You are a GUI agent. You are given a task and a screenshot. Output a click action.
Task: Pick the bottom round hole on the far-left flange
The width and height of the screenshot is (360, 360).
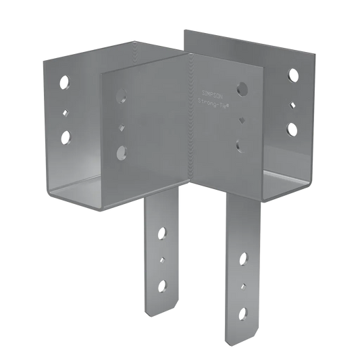point(66,138)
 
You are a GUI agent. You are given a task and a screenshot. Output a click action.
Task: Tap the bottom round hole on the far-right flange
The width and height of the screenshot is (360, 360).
point(292,128)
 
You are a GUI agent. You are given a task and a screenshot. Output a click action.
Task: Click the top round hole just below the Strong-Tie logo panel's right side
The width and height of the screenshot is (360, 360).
point(242,88)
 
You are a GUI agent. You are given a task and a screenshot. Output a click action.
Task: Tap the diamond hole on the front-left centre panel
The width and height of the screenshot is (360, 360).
point(121,126)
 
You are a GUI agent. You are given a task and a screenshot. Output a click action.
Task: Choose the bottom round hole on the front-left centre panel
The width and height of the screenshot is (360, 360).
point(121,152)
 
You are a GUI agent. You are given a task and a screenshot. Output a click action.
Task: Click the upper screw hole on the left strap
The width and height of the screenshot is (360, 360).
point(161,234)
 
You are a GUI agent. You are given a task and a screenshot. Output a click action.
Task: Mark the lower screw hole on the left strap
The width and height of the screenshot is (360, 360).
point(162,286)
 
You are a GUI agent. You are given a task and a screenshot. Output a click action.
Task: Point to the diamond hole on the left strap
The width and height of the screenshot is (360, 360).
point(162,259)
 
